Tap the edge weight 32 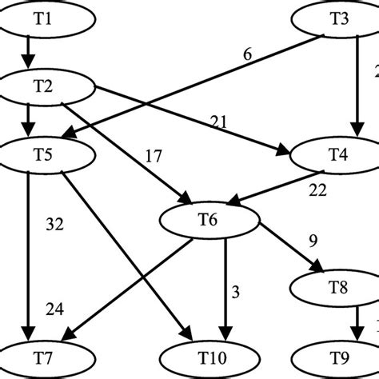54,225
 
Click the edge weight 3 236,291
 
